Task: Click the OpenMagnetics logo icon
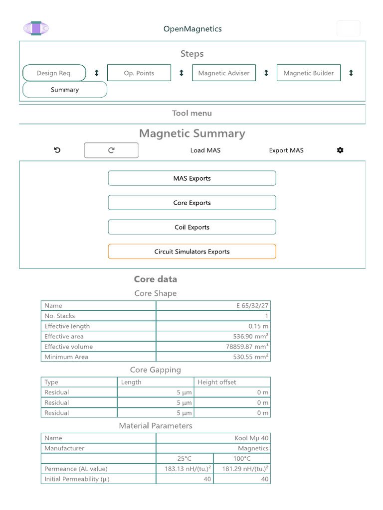tap(36, 28)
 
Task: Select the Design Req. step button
tap(54, 73)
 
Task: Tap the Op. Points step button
tap(139, 73)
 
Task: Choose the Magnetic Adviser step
tap(224, 73)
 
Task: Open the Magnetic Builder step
tap(309, 73)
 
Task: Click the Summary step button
tap(65, 90)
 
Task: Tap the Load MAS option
tap(205, 150)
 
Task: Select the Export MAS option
tap(286, 150)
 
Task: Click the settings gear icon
tap(340, 150)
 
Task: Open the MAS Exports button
tap(192, 178)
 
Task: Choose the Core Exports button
tap(192, 203)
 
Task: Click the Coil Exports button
tap(192, 227)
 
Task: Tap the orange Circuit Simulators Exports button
tap(192, 252)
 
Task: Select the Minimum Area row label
tap(66, 357)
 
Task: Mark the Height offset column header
tap(217, 382)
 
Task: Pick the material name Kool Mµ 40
tap(251, 438)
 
